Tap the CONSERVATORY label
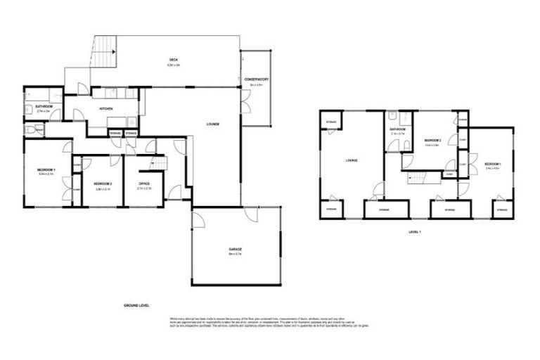[x=256, y=80]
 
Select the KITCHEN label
[x=106, y=109]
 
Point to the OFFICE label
[x=144, y=185]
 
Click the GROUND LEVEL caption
[x=136, y=306]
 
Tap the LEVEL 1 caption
[x=414, y=231]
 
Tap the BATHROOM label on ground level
[x=44, y=108]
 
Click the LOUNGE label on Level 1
[x=351, y=160]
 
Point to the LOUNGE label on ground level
[x=212, y=124]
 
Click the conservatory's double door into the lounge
[x=243, y=104]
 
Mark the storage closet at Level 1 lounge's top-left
[x=330, y=124]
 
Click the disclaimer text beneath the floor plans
[x=269, y=321]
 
